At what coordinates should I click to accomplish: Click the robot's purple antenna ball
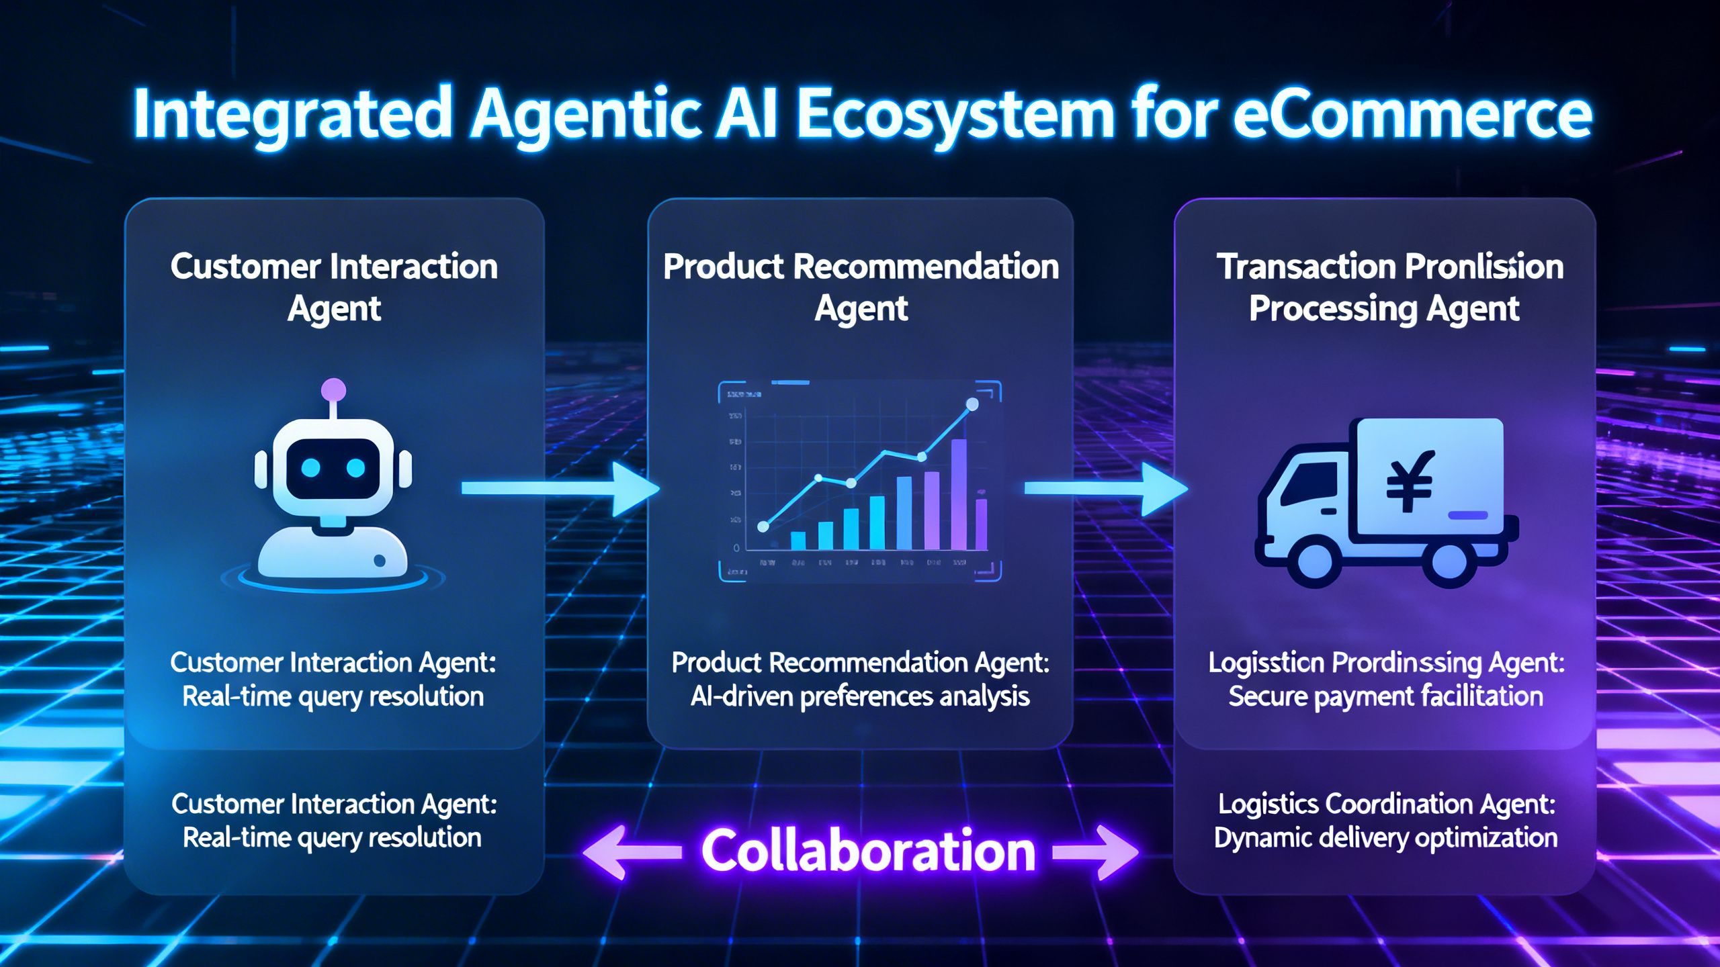[334, 389]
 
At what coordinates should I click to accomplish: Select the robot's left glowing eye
[311, 467]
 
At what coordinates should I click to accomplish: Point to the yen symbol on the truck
[1410, 479]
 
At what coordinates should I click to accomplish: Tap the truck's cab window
[1307, 483]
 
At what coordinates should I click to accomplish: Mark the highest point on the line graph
[972, 404]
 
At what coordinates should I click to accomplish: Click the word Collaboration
[868, 851]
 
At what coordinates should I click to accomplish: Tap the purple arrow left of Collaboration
[632, 852]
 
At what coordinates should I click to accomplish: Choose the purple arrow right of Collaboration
[1095, 852]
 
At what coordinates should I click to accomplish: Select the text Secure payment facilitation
[1385, 696]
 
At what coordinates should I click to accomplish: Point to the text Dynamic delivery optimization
[1385, 837]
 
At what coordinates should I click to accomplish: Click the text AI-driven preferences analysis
[860, 696]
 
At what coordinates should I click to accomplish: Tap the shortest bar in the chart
[798, 541]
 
